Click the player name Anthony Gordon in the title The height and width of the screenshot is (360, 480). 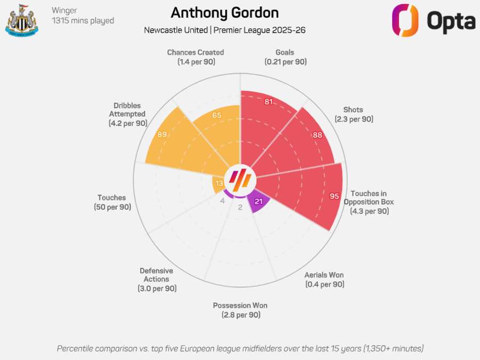click(x=225, y=13)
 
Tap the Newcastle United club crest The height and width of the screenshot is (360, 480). click(x=21, y=20)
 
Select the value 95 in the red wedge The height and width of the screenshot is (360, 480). click(x=334, y=196)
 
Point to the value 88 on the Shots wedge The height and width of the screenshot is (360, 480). click(x=317, y=135)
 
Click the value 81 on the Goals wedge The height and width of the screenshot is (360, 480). click(x=269, y=101)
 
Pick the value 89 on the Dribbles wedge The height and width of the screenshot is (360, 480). click(x=162, y=134)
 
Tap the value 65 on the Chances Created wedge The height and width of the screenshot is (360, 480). click(x=217, y=115)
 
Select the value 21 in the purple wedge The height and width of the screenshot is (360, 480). click(x=259, y=201)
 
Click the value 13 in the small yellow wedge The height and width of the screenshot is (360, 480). click(x=219, y=183)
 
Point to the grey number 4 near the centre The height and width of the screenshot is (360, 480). click(x=222, y=201)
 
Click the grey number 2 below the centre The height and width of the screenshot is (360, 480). click(x=240, y=207)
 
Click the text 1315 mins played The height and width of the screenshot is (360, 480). click(x=83, y=21)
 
